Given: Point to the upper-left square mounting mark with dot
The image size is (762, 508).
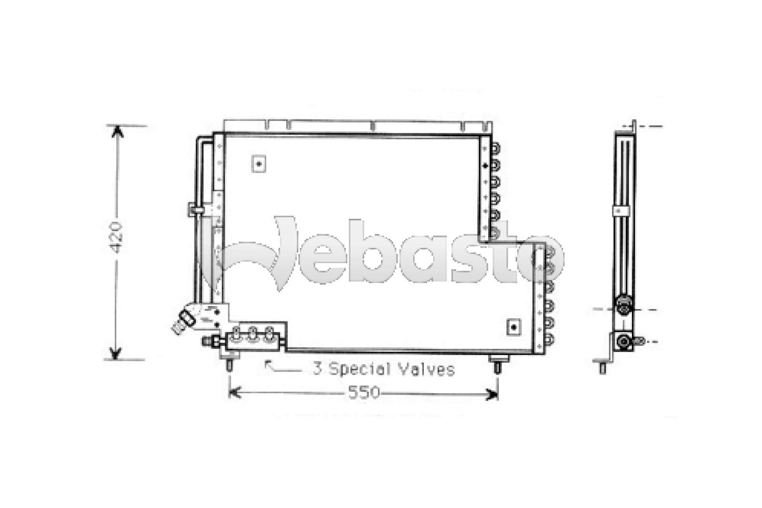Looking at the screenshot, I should (x=259, y=164).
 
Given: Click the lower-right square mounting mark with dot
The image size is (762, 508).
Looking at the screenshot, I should (x=513, y=327).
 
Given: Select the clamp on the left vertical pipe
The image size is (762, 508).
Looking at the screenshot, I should (x=195, y=209).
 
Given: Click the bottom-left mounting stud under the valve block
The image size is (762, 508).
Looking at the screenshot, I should (x=229, y=364).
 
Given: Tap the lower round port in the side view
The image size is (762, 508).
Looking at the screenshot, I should (x=623, y=341).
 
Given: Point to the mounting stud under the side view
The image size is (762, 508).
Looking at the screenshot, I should (x=602, y=367).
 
